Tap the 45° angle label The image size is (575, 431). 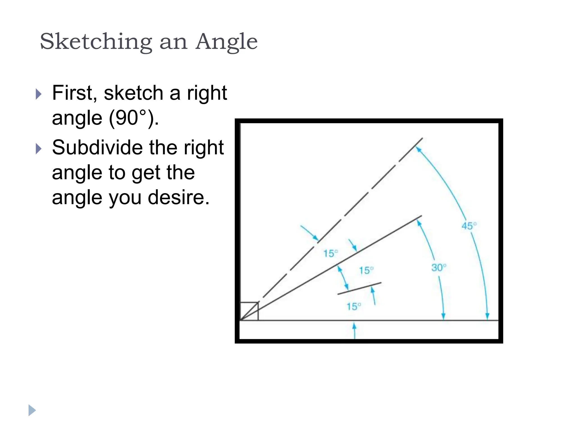pyautogui.click(x=469, y=226)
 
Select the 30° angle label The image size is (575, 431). pyautogui.click(x=438, y=268)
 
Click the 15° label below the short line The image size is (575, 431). pyautogui.click(x=353, y=307)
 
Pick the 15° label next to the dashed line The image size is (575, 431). pyautogui.click(x=330, y=254)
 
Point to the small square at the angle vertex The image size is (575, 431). pyautogui.click(x=249, y=311)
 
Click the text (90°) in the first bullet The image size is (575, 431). pyautogui.click(x=134, y=118)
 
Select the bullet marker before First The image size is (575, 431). pyautogui.click(x=39, y=94)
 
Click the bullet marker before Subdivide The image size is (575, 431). pyautogui.click(x=39, y=149)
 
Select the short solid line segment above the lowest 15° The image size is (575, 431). pyautogui.click(x=359, y=288)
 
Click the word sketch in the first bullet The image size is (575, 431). pyautogui.click(x=133, y=93)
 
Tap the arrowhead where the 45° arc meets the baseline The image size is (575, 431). pyautogui.click(x=487, y=317)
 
